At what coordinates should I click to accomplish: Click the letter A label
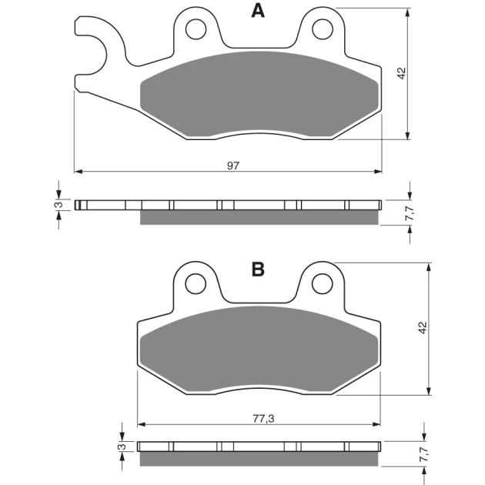click(258, 11)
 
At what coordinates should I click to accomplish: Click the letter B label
click(258, 269)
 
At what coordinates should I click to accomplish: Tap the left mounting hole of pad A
click(196, 29)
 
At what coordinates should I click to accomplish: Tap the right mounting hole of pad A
click(323, 29)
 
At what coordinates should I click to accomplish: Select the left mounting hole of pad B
click(196, 283)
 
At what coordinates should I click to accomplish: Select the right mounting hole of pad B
click(323, 283)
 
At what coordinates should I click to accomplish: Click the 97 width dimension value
click(233, 166)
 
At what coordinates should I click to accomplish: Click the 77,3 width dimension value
click(263, 419)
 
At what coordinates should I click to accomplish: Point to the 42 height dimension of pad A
click(402, 73)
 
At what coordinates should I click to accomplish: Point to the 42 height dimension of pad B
click(423, 327)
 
